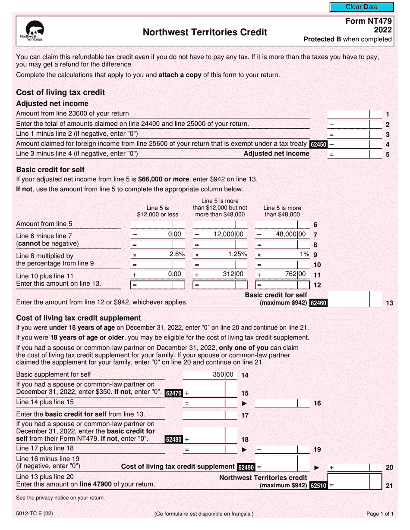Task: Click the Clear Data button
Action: tap(362, 7)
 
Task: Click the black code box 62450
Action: tap(319, 144)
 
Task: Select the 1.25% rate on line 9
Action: tap(237, 254)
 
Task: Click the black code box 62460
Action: tap(319, 303)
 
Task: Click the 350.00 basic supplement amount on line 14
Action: tap(223, 375)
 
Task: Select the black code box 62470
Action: tap(174, 393)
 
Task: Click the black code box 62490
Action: tap(246, 467)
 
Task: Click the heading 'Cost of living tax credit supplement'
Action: tap(78, 318)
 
